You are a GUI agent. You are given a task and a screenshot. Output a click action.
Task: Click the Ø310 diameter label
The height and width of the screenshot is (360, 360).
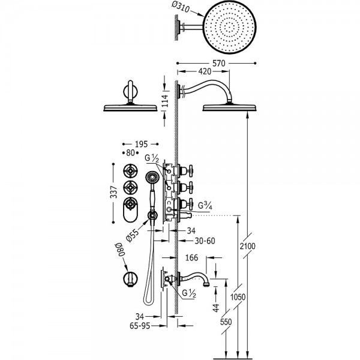(x=181, y=8)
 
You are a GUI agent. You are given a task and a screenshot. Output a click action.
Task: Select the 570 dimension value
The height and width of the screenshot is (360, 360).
(x=218, y=63)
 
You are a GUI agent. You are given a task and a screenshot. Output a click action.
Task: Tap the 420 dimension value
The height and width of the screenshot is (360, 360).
(x=205, y=71)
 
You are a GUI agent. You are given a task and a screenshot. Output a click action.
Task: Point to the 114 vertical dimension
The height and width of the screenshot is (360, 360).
(x=166, y=101)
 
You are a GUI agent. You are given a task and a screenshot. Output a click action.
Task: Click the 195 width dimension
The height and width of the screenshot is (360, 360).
(x=141, y=144)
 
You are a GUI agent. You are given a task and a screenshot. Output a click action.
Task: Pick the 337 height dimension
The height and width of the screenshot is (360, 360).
(x=113, y=192)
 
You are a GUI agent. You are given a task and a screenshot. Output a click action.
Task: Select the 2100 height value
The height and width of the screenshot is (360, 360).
(x=247, y=246)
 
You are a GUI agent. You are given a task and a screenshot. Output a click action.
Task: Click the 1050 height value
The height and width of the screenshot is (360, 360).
(x=238, y=297)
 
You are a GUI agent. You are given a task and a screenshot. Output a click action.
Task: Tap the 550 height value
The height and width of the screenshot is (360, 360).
(x=226, y=322)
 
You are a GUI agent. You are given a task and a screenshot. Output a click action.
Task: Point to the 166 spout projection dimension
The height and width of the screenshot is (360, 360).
(x=191, y=257)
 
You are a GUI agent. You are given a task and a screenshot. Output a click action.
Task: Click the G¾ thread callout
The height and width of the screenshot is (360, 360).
(x=205, y=205)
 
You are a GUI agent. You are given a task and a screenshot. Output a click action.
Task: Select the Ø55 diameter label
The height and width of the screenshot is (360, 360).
(x=133, y=236)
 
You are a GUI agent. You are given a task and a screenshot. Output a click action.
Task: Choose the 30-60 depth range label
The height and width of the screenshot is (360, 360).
(x=205, y=241)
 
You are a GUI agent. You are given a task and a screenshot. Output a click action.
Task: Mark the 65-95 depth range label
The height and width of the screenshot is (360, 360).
(x=140, y=326)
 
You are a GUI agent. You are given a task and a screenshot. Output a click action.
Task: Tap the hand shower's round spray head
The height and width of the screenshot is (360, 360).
(x=152, y=178)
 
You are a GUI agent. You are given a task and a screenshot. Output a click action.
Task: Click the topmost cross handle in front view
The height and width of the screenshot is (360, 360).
(x=130, y=171)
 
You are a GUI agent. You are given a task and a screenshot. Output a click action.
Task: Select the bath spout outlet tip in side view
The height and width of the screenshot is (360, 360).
(x=206, y=284)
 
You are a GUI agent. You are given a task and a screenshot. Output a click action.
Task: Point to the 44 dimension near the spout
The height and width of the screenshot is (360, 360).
(x=216, y=308)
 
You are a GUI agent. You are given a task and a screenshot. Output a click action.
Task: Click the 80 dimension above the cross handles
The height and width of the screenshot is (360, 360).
(x=130, y=152)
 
